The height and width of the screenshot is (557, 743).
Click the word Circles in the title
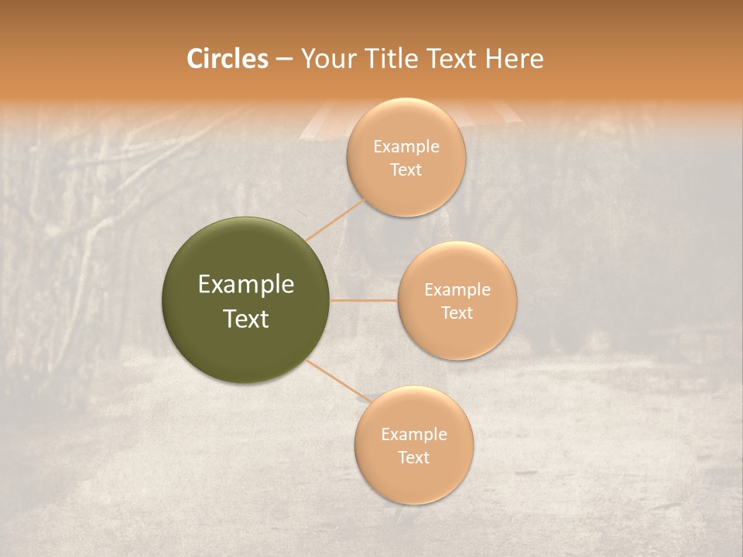(x=227, y=59)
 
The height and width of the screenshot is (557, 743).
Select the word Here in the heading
(x=514, y=59)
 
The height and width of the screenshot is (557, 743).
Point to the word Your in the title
(x=326, y=59)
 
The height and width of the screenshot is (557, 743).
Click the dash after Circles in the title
(x=283, y=60)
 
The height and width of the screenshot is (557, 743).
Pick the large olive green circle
(x=246, y=255)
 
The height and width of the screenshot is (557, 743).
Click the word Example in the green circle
(x=246, y=285)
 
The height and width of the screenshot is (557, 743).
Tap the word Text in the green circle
(x=246, y=319)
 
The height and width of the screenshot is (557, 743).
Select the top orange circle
(x=406, y=193)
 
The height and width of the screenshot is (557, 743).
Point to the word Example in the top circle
(x=406, y=147)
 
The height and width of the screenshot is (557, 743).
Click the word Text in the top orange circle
(x=406, y=170)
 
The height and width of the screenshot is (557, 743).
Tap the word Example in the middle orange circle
(x=457, y=290)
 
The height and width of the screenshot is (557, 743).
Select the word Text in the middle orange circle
(x=457, y=313)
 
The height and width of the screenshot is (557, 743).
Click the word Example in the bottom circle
(x=414, y=435)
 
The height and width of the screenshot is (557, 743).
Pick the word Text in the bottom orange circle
(x=414, y=458)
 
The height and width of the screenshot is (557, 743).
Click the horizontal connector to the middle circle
(x=364, y=300)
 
